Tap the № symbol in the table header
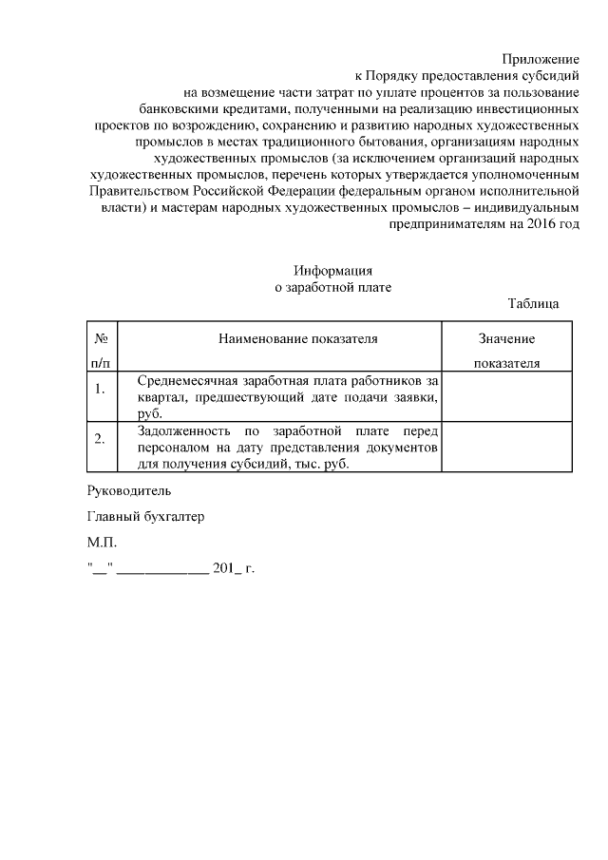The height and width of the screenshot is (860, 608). click(x=100, y=339)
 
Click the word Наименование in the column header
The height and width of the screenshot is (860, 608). click(x=259, y=339)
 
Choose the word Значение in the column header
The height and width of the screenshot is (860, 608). click(x=506, y=339)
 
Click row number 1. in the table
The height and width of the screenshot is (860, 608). click(x=100, y=388)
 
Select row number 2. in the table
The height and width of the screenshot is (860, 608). click(x=100, y=438)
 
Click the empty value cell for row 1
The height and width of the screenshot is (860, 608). click(x=507, y=396)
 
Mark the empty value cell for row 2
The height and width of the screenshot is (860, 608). click(x=507, y=447)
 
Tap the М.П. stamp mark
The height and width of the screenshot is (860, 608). click(x=100, y=543)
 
